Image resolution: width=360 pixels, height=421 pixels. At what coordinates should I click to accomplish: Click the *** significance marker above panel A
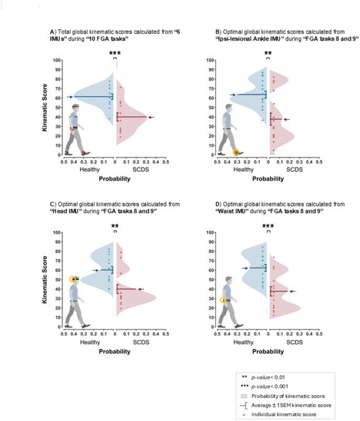click(x=115, y=54)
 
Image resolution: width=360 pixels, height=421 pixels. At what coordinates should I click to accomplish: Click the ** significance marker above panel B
click(x=268, y=54)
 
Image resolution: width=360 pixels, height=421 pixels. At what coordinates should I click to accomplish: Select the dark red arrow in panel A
click(x=151, y=117)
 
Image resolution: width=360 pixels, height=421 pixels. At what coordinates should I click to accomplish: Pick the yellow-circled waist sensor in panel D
click(x=223, y=300)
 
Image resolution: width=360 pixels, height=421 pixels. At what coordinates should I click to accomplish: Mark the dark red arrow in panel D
click(x=292, y=291)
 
